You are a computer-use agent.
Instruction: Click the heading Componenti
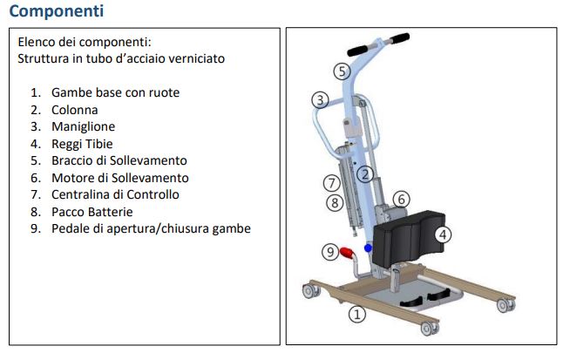coord(57,11)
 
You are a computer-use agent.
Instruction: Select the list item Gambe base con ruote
coord(115,92)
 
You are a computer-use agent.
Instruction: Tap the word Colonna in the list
coord(75,110)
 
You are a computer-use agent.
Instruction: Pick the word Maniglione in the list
coord(84,126)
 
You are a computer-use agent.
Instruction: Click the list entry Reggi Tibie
coord(82,144)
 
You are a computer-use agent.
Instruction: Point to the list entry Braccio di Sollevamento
coord(119,160)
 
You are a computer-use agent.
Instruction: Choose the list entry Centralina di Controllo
coord(115,194)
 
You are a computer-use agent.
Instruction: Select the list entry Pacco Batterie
coord(92,212)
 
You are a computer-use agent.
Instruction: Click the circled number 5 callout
coord(342,71)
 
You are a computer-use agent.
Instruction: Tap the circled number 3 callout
coord(320,99)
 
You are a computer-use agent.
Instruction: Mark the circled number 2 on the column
coord(365,174)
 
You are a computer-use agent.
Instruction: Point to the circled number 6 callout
coord(401,200)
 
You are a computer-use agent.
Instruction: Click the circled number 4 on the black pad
coord(443,234)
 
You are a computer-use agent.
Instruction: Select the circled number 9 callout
coord(330,252)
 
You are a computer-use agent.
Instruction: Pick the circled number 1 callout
coord(357,314)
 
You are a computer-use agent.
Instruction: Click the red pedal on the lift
coord(347,253)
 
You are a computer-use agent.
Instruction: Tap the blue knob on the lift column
coord(368,248)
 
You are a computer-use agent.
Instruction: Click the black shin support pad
coord(409,237)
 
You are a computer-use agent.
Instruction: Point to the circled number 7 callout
coord(331,183)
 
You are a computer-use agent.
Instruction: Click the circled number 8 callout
coord(335,202)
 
